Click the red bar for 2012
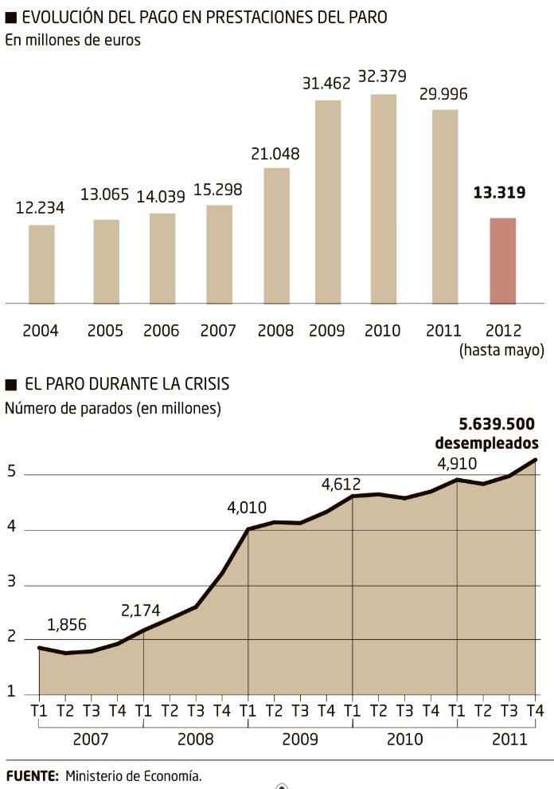tap(502, 261)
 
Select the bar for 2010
tap(384, 199)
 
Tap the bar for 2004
tap(41, 265)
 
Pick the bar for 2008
tap(276, 236)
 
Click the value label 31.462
tap(328, 82)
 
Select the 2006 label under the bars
tap(162, 330)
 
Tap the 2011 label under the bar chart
tap(444, 330)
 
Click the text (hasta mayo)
tap(501, 350)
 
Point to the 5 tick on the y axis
tap(10, 475)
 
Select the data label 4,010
tap(248, 508)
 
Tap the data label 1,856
tap(67, 625)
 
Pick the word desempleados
tap(486, 444)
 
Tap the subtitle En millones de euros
tap(73, 41)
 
